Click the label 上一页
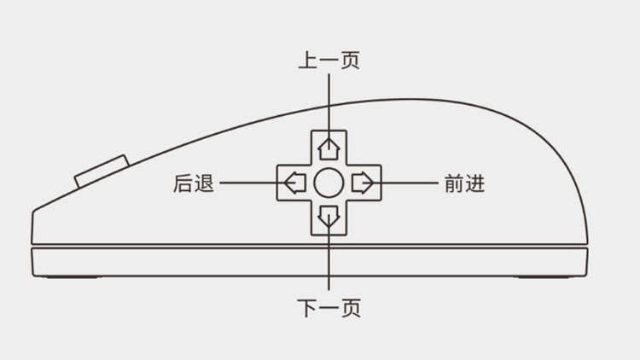click(x=329, y=60)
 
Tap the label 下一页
click(x=329, y=308)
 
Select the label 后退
click(x=193, y=183)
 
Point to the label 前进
click(x=464, y=183)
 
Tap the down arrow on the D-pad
click(x=328, y=218)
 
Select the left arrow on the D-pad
click(x=293, y=183)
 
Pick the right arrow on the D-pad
click(x=363, y=183)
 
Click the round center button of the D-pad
click(x=328, y=183)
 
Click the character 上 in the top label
click(x=307, y=60)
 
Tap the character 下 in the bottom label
click(x=307, y=308)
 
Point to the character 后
click(x=183, y=183)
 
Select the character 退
click(x=203, y=183)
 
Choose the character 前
click(x=454, y=183)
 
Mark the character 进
click(x=475, y=183)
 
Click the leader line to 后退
click(x=247, y=183)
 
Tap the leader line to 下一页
click(x=328, y=264)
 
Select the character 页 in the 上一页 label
click(x=350, y=60)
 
